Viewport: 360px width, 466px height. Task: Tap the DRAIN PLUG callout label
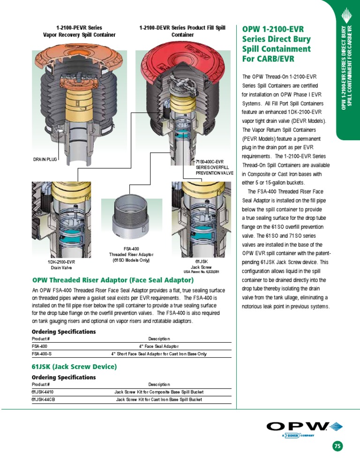pos(45,159)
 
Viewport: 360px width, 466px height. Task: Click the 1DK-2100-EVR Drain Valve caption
pos(61,265)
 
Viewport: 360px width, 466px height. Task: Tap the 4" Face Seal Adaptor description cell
pos(159,346)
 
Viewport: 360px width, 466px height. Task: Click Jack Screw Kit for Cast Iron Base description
pos(159,399)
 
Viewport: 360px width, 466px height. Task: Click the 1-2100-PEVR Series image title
pos(79,31)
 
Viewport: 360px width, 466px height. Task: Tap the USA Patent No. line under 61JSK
pos(202,271)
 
